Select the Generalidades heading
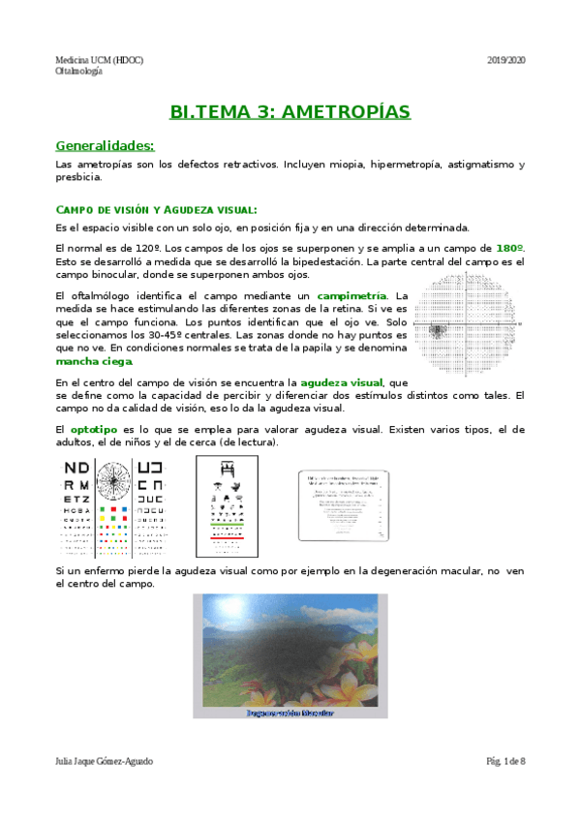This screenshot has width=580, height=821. point(106,146)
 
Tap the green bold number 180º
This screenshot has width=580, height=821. point(510,249)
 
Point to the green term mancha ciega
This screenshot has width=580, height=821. point(95,360)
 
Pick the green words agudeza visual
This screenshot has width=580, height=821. point(341,382)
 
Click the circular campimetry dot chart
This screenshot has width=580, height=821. point(473,320)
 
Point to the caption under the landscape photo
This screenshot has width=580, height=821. point(290,712)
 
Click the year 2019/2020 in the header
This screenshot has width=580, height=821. point(504,60)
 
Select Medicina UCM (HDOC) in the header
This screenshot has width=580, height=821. point(100,60)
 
